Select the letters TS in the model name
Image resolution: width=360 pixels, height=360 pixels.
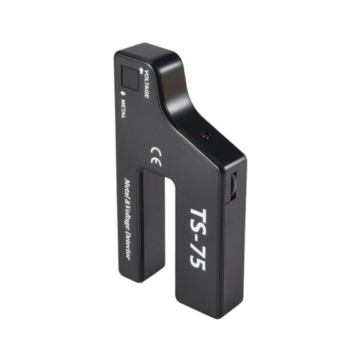[202, 220]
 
